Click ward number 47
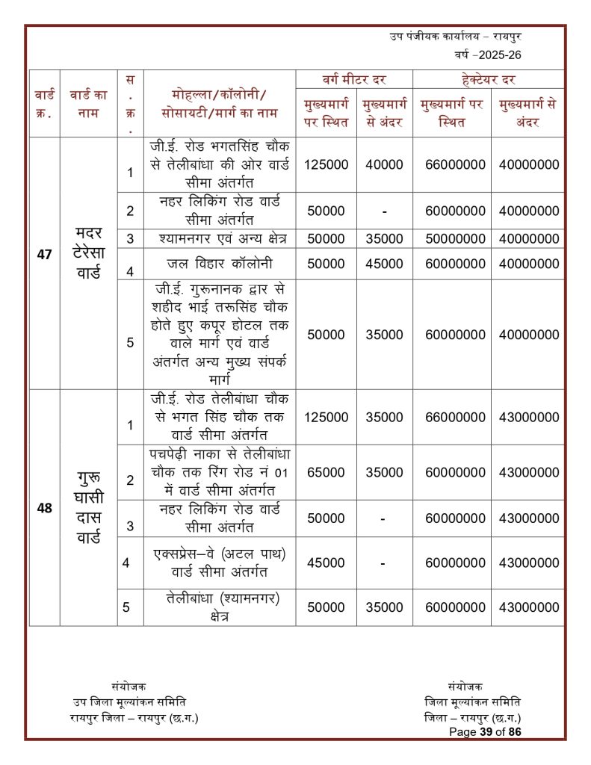click(x=44, y=254)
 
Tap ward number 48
click(x=44, y=508)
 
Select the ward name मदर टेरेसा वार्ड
click(x=88, y=254)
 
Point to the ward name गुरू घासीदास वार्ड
click(x=88, y=508)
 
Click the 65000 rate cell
click(x=326, y=472)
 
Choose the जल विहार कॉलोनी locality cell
click(x=219, y=263)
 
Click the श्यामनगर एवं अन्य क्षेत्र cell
click(x=219, y=239)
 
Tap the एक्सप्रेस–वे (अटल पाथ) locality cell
click(x=219, y=563)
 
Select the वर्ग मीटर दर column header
click(x=354, y=79)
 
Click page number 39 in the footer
click(x=483, y=732)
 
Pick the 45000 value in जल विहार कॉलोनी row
click(x=384, y=263)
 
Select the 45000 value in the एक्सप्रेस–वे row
click(x=326, y=563)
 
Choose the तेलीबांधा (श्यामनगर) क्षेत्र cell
click(x=219, y=607)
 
